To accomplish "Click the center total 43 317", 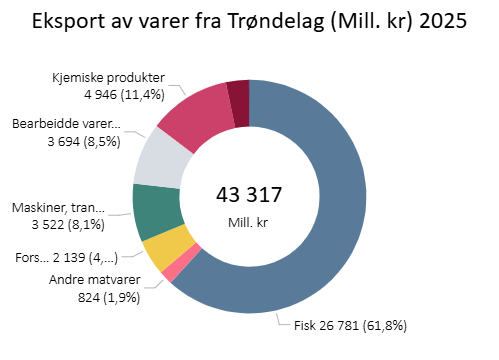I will pos(249,194).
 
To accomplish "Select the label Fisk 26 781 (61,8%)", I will pos(350,325).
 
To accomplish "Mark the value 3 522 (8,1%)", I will pos(65,224).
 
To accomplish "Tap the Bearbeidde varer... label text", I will pos(66,124).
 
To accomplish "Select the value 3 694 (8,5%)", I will pos(67,142).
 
